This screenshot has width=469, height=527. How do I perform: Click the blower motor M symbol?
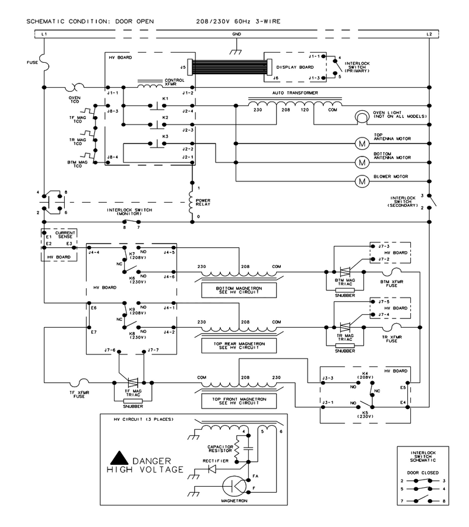coord(362,181)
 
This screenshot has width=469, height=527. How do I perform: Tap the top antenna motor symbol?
coord(362,144)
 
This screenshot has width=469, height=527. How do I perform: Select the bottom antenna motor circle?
coord(362,162)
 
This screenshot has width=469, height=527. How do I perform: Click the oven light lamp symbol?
coord(362,117)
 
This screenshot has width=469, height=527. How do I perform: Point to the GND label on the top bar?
coord(237,34)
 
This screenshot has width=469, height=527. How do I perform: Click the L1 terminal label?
coord(44,34)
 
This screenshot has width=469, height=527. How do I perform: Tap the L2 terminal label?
coord(429,34)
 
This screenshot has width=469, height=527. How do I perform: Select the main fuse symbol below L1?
coord(45,62)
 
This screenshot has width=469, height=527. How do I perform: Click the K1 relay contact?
coord(157,106)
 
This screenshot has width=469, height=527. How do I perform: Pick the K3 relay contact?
coord(157,144)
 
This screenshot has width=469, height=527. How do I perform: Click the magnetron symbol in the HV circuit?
coord(235,486)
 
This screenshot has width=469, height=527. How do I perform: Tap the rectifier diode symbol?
coord(212,469)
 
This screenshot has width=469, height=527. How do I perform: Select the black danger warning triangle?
coord(119,458)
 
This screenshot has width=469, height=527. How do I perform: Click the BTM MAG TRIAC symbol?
coord(345,272)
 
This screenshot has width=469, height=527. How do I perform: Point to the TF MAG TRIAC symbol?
coord(133,382)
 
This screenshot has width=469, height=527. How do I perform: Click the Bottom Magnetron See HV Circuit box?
coord(239,290)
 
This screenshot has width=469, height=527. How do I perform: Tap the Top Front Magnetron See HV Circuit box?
coord(239,401)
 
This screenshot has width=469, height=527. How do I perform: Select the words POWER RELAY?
coord(203,202)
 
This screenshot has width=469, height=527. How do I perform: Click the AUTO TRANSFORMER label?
coord(295,92)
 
